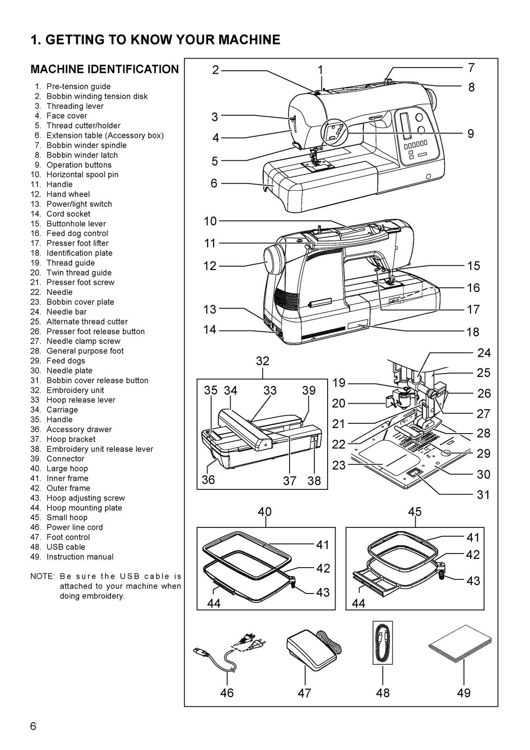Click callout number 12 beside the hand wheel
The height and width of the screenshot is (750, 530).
(x=210, y=266)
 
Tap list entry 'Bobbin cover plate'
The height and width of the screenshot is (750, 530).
(x=80, y=302)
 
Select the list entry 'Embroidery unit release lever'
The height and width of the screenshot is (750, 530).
(x=99, y=449)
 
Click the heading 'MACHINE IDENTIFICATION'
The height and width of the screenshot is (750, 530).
(x=105, y=69)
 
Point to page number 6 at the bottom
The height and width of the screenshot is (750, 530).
(x=33, y=727)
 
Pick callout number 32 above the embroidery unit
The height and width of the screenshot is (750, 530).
(x=262, y=361)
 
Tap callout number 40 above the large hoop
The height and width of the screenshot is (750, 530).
(x=265, y=511)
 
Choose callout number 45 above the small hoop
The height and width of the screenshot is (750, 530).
(x=415, y=511)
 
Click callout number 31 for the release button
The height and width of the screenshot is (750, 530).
(x=483, y=495)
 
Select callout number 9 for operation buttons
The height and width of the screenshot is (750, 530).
(x=470, y=134)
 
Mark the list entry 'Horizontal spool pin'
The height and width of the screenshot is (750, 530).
(x=82, y=174)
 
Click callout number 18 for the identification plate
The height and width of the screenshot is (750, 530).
(x=472, y=332)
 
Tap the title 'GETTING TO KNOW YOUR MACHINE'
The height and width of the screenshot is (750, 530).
(x=155, y=40)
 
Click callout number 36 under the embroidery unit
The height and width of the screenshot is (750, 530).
(x=208, y=480)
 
